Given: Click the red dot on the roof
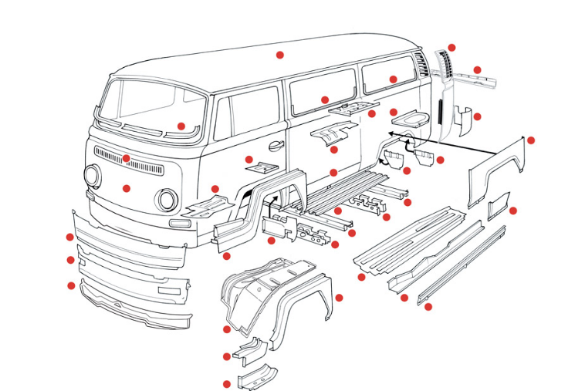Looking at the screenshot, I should pos(280,55).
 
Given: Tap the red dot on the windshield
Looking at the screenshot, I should pos(181,126).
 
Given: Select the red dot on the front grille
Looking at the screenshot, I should pos(127,159).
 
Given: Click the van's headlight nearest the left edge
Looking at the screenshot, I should pos(92,176).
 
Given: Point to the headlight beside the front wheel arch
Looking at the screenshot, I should pos(166,200).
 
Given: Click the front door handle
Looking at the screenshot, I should pos(276,145).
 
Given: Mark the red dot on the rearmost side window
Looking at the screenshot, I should pos(393,79).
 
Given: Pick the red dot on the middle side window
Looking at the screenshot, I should pos(325,99).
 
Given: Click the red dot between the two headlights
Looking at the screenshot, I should pos(127,187).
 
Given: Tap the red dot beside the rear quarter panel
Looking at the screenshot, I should pos(530,140).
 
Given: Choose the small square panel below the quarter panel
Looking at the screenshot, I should pos(498,204).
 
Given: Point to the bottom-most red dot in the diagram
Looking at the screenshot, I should pos(226,384).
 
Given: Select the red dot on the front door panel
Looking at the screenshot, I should pos(249,160).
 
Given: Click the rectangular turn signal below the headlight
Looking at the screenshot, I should pos(179,223).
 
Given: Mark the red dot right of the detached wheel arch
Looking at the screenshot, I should pos(339,297).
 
